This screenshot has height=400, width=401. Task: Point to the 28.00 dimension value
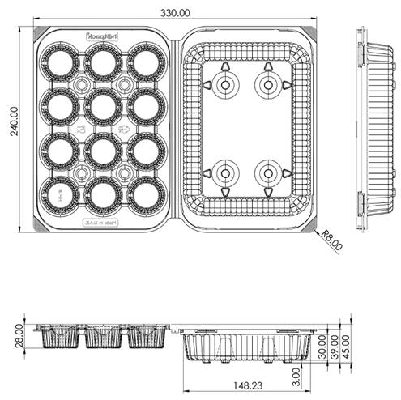click(19, 334)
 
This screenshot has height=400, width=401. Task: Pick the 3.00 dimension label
click(298, 377)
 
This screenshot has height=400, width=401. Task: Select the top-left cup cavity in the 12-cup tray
click(60, 61)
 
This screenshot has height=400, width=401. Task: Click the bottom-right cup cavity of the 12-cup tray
click(145, 194)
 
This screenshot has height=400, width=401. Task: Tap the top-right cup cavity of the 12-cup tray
click(145, 61)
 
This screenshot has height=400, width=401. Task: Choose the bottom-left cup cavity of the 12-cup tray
click(60, 194)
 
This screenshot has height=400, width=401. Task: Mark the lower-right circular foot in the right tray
click(267, 172)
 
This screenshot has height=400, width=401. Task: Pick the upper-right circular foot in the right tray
click(267, 84)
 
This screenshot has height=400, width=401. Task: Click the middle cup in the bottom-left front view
click(103, 338)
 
